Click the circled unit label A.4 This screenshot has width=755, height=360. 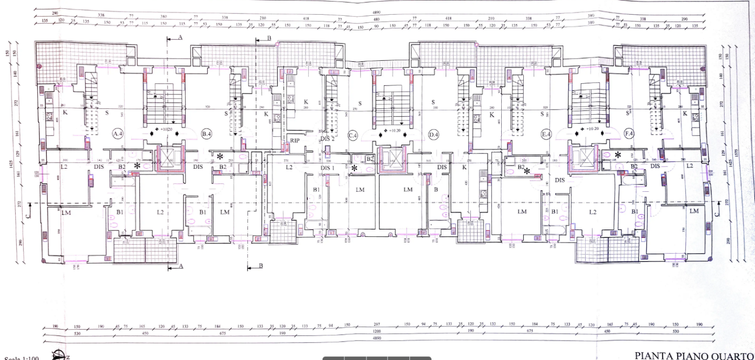pyautogui.click(x=117, y=134)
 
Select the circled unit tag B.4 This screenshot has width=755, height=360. pyautogui.click(x=206, y=134)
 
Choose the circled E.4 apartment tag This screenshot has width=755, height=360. pyautogui.click(x=546, y=135)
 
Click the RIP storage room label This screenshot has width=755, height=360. pyautogui.click(x=295, y=140)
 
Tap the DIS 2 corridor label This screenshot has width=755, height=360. pyautogui.click(x=328, y=139)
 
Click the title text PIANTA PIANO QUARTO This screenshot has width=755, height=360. pyautogui.click(x=694, y=356)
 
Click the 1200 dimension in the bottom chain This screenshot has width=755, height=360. pyautogui.click(x=376, y=332)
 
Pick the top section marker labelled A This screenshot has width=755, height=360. pyautogui.click(x=180, y=38)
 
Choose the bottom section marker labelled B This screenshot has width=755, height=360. pyautogui.click(x=261, y=266)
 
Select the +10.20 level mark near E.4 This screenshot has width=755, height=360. pyautogui.click(x=591, y=129)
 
